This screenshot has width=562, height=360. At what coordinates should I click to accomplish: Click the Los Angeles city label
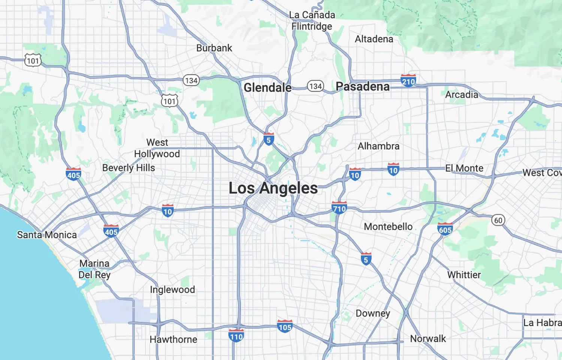coord(273,188)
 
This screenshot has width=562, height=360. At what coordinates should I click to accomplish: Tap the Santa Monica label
coord(47,235)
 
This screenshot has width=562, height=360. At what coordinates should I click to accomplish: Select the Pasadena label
coord(362,87)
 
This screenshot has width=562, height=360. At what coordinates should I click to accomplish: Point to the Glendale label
coord(268,88)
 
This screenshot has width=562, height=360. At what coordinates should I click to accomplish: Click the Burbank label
coord(214,48)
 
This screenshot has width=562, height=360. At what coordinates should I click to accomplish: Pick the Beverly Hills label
coord(129,168)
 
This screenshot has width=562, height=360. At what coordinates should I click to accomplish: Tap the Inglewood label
coord(172,290)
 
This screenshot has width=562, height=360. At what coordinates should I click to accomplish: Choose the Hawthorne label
coord(173,339)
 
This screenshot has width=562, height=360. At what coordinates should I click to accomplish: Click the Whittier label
coord(464,275)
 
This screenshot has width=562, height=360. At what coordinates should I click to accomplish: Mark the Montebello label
coord(388,227)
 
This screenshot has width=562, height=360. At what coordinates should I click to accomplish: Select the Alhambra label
coord(378,146)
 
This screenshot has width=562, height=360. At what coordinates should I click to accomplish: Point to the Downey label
coord(373,313)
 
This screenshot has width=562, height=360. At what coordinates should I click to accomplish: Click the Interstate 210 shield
coord(408,81)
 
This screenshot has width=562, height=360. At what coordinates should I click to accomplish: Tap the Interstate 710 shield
coord(339,208)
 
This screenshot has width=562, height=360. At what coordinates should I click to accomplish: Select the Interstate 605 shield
coord(445,229)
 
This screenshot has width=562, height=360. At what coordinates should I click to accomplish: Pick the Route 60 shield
coord(498,220)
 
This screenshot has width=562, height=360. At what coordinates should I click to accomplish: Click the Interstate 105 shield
coord(285,326)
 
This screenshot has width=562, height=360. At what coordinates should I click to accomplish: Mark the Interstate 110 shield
coord(236,336)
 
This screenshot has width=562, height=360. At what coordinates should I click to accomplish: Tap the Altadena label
coord(374,39)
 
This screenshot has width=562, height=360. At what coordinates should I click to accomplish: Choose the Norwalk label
coord(428,339)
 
